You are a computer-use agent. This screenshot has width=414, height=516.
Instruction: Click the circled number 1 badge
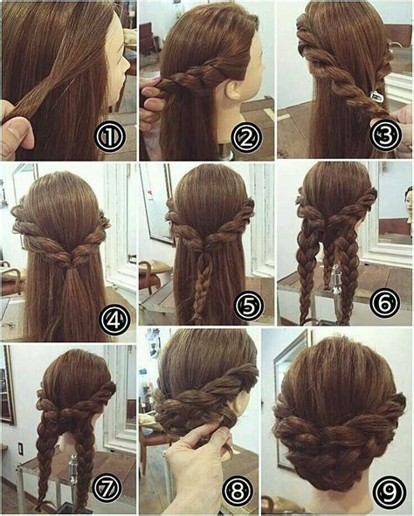click(x=110, y=137)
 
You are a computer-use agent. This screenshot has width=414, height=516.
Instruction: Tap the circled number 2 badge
click(x=246, y=137)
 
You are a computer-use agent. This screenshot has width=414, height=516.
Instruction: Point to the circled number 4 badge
click(x=114, y=320)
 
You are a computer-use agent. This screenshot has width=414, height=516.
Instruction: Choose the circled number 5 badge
click(x=249, y=306)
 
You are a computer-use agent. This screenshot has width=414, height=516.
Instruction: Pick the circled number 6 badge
click(x=384, y=304)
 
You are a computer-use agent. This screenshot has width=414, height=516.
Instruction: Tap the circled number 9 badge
click(x=390, y=492)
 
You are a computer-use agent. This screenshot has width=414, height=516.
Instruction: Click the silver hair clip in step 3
click(x=376, y=95)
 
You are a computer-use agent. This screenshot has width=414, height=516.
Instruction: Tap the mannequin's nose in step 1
click(x=126, y=62)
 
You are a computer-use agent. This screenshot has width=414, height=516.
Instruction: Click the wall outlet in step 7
click(x=20, y=449)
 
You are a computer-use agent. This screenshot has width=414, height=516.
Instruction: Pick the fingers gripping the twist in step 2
click(x=152, y=99)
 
